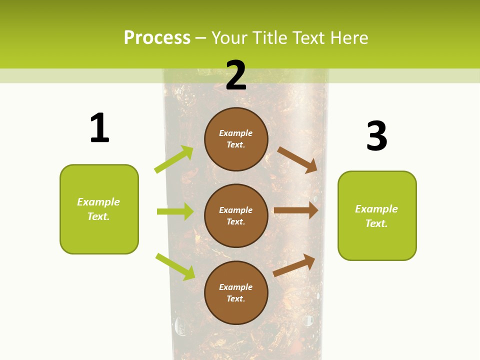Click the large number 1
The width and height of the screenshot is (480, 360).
click(99, 128)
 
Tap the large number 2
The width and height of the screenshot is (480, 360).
click(236, 75)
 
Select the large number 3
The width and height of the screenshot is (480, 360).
click(376, 136)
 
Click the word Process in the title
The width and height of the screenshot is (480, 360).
click(157, 37)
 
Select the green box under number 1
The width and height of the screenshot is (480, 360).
click(99, 209)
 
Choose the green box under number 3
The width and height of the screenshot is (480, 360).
click(377, 215)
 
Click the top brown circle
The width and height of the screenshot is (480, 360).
click(236, 139)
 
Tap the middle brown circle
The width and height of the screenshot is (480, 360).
click(236, 215)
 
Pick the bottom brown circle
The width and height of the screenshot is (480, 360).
click(236, 292)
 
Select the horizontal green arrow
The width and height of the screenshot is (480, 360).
click(175, 211)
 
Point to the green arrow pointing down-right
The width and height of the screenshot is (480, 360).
click(175, 266)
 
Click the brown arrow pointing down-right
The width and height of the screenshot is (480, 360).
click(297, 159)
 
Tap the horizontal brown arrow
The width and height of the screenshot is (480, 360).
click(296, 210)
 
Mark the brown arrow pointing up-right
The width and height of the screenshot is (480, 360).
click(294, 265)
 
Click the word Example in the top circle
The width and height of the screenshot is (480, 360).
click(236, 133)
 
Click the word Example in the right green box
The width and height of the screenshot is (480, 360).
click(376, 209)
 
